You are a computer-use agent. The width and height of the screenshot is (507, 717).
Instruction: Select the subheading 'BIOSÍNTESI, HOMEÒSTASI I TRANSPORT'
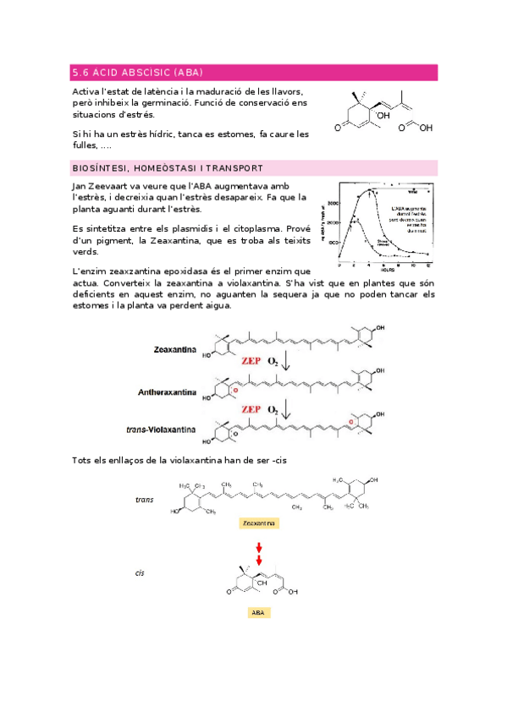click(168, 167)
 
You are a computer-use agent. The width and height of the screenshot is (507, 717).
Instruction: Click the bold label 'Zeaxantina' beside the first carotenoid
click(175, 348)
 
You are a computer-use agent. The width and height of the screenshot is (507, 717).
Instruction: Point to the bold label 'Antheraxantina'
click(168, 392)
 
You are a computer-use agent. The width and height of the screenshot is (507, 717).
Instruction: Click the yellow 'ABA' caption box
click(259, 611)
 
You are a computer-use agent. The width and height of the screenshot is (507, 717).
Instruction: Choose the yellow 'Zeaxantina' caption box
click(260, 523)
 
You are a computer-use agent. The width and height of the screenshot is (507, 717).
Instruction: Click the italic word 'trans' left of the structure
click(144, 500)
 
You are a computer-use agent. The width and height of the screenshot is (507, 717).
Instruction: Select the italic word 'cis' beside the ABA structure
click(140, 572)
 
